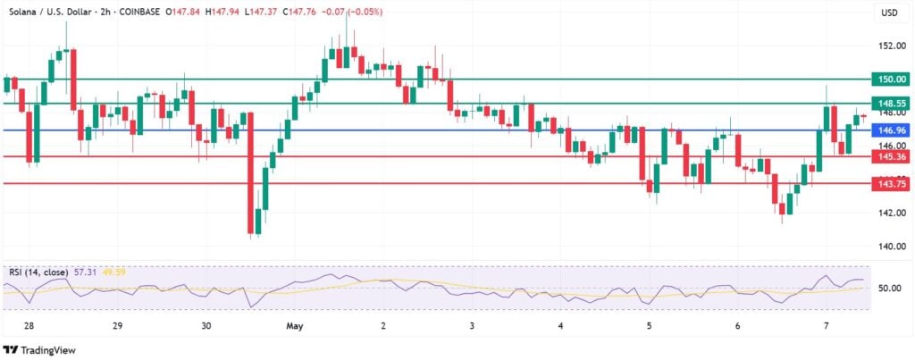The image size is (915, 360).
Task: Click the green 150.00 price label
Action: coord(892,80)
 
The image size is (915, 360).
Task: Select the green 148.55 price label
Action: coord(892,103)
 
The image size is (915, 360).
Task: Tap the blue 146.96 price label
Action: coord(892,130)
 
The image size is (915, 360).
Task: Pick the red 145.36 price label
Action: coord(892,156)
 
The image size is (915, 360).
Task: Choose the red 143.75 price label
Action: coord(892,183)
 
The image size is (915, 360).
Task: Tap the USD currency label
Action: coord(890,13)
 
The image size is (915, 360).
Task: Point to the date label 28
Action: coord(29,327)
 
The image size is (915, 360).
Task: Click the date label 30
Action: coord(206,327)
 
